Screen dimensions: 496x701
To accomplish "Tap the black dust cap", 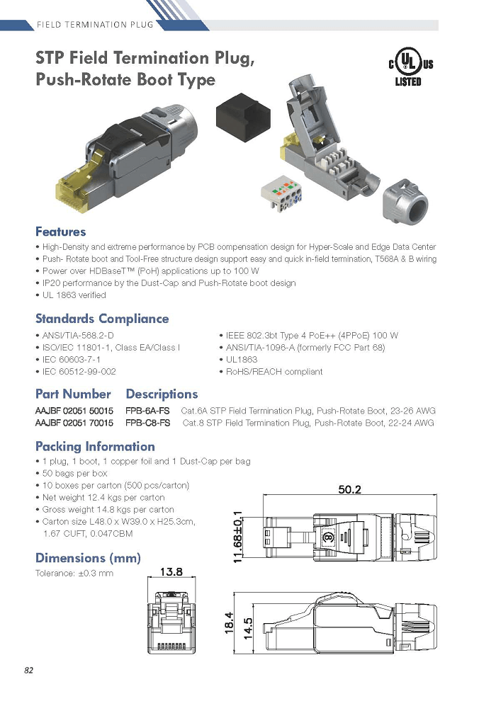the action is (243, 117).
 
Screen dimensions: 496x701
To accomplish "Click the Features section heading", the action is (61, 232).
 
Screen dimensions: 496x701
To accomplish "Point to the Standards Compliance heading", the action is (102, 319).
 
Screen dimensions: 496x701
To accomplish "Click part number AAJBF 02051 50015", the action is (74, 411).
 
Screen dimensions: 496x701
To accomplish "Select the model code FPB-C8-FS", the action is (147, 423).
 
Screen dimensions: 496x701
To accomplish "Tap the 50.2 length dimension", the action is (349, 489).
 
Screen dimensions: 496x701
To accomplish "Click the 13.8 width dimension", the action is (171, 572).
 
